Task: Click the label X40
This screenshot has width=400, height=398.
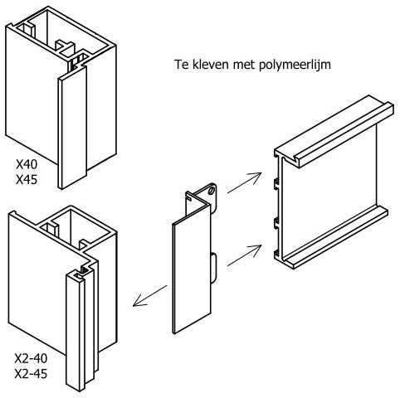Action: (x=27, y=165)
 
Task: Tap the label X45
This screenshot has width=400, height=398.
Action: (x=27, y=180)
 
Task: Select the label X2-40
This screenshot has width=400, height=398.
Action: (x=31, y=358)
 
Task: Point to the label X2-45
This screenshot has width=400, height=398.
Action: (x=31, y=374)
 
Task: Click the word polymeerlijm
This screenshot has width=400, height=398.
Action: (x=295, y=66)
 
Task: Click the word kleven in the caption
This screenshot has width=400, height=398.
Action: (x=210, y=65)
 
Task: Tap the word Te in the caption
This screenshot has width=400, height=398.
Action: (x=182, y=65)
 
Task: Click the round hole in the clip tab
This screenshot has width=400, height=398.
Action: (x=212, y=191)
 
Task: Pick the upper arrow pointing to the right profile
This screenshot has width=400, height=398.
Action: (x=244, y=182)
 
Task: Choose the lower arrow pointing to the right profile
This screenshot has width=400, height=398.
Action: (x=244, y=255)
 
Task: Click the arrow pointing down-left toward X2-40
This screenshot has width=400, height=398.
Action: (x=149, y=296)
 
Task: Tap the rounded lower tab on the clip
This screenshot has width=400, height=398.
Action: (x=213, y=268)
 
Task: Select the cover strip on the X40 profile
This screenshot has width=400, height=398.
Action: (x=72, y=127)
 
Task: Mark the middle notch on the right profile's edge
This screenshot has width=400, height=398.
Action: (x=276, y=223)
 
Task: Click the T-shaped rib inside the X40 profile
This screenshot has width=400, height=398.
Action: (x=66, y=46)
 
